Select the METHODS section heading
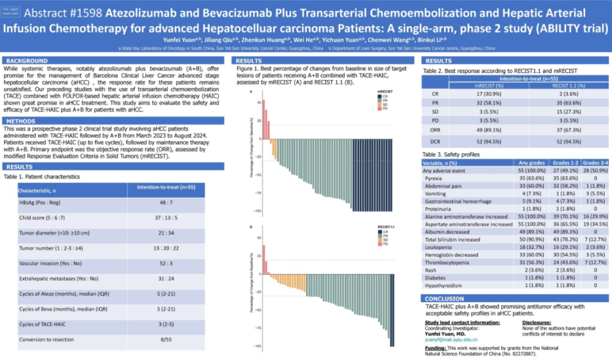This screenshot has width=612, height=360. pos(22,121)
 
